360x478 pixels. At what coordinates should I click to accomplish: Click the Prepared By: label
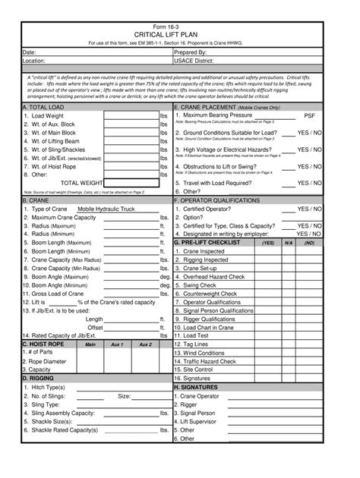pos(195,52)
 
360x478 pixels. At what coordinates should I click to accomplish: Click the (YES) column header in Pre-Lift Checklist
pos(268,243)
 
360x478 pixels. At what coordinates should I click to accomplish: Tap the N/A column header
pos(288,243)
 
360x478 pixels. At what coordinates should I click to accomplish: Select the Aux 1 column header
pos(117,344)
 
